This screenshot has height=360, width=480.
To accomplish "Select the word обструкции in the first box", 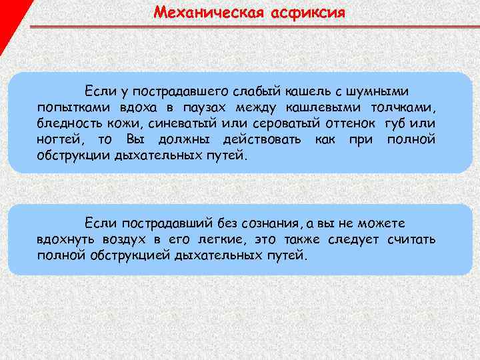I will pyautogui.click(x=74, y=156).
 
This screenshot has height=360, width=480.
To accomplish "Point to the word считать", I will pyautogui.click(x=411, y=239).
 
